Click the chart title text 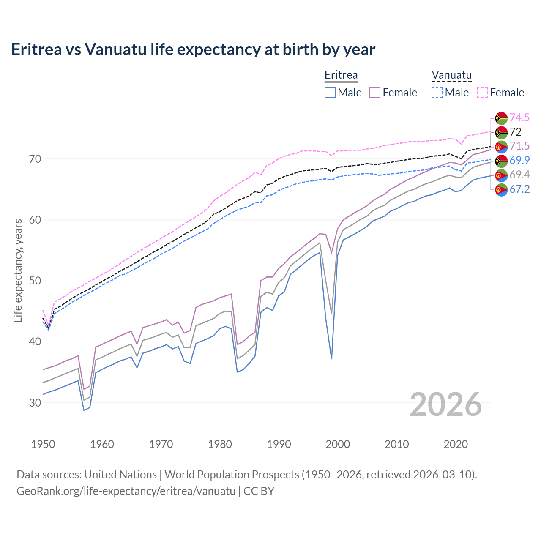coord(193,49)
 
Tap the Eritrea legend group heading coord(341,75)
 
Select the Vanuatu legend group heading coord(451,75)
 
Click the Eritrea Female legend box coord(375,93)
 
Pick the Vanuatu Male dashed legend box coord(437,93)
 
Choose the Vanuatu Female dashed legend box coord(482,93)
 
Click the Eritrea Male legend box coord(330,93)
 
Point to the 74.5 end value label coord(519,117)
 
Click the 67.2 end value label coord(519,189)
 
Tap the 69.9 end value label coord(519,160)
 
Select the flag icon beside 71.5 coord(501,147)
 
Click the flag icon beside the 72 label coord(501,132)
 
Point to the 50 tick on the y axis coord(35,281)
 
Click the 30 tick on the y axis coord(35,403)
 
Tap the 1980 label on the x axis coord(220,444)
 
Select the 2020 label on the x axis coord(456,444)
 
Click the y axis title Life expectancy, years coord(18,270)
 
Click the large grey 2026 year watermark coord(446,404)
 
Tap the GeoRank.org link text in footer coord(126,491)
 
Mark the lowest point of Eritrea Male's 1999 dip coord(332,359)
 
